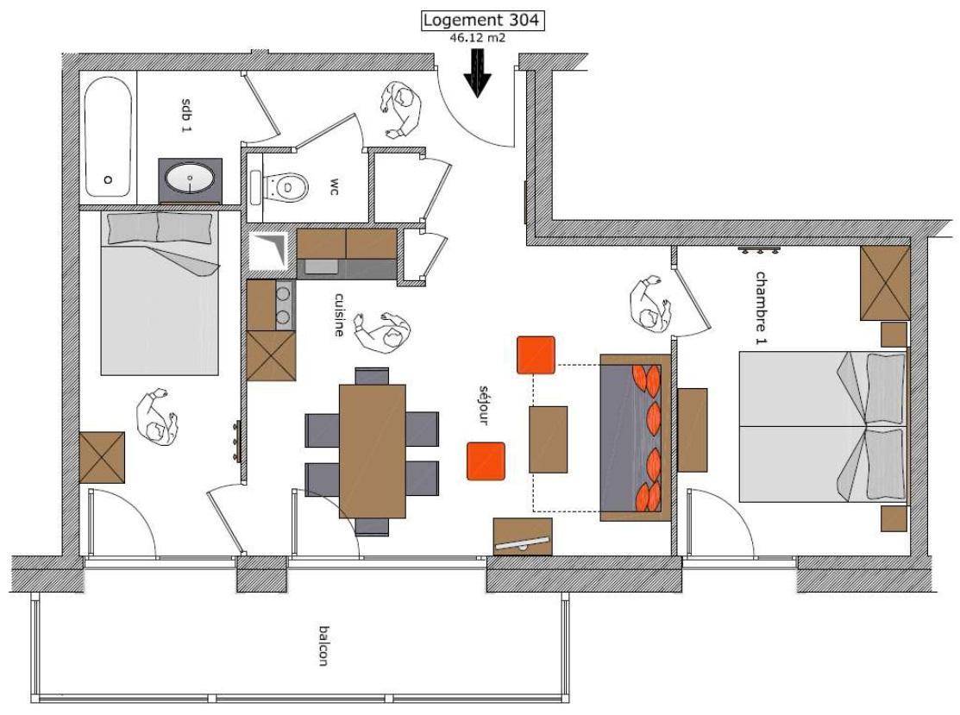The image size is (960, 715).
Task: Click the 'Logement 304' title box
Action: click(x=482, y=21)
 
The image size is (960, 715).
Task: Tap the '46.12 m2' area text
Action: click(x=478, y=37)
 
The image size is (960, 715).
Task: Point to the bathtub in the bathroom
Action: click(x=108, y=136)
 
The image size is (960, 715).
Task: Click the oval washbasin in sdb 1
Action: click(x=191, y=179)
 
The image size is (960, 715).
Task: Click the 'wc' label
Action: click(x=335, y=187)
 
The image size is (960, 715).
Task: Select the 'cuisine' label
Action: click(x=339, y=314)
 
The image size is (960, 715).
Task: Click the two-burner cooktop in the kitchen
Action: click(x=284, y=304)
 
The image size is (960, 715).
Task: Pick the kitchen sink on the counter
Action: click(x=321, y=267)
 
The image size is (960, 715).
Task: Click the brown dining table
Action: click(x=373, y=451)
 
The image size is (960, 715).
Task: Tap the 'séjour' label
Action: click(x=484, y=405)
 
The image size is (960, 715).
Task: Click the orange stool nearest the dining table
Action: click(x=486, y=461)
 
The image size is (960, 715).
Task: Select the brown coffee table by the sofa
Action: click(x=548, y=440)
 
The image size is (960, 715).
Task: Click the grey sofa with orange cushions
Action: click(x=635, y=437)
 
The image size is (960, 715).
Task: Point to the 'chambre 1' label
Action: click(x=761, y=308)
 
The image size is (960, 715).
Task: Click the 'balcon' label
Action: click(x=323, y=645)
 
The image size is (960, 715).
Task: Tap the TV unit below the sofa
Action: click(x=523, y=536)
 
